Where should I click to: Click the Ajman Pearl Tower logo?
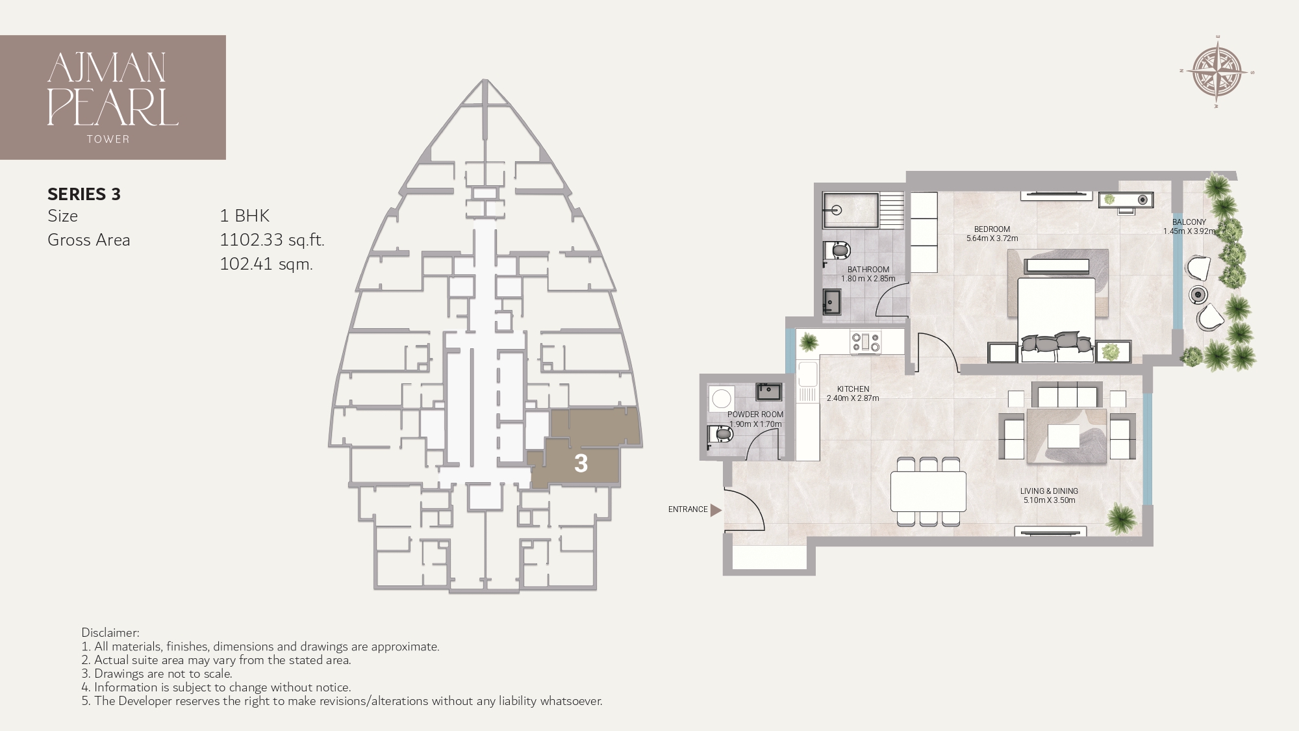click(112, 97)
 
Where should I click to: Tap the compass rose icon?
click(1217, 72)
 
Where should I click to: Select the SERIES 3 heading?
click(84, 194)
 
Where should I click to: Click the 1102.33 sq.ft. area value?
click(271, 240)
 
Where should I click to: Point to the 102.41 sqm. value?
click(266, 264)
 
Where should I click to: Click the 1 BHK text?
click(244, 216)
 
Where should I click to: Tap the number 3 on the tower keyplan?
click(581, 463)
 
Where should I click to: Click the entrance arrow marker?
click(716, 510)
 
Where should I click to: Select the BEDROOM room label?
click(992, 229)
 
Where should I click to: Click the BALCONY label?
click(1189, 222)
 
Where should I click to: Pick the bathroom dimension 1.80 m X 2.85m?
click(868, 279)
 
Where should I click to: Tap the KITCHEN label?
click(853, 389)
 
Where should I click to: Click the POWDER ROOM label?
click(755, 415)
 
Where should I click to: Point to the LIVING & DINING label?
click(1049, 491)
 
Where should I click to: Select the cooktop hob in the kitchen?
click(866, 342)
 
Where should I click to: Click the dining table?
click(928, 491)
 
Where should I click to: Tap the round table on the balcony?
click(1198, 294)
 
